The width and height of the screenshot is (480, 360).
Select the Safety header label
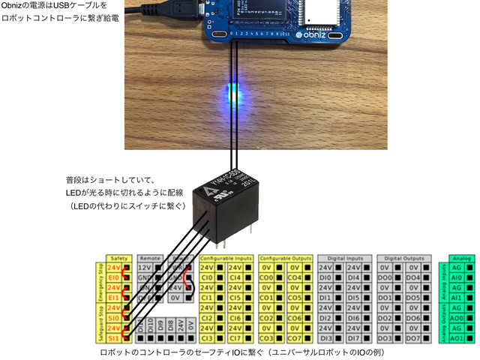tap(120, 257)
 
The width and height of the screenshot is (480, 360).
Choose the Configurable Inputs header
tap(226, 257)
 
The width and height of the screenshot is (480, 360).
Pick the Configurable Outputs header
tap(286, 257)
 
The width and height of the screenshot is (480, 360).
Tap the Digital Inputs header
tap(344, 257)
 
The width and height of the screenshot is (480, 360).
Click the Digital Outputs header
tap(404, 257)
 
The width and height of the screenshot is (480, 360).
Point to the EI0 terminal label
tap(114, 277)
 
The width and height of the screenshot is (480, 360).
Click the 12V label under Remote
tap(145, 267)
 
